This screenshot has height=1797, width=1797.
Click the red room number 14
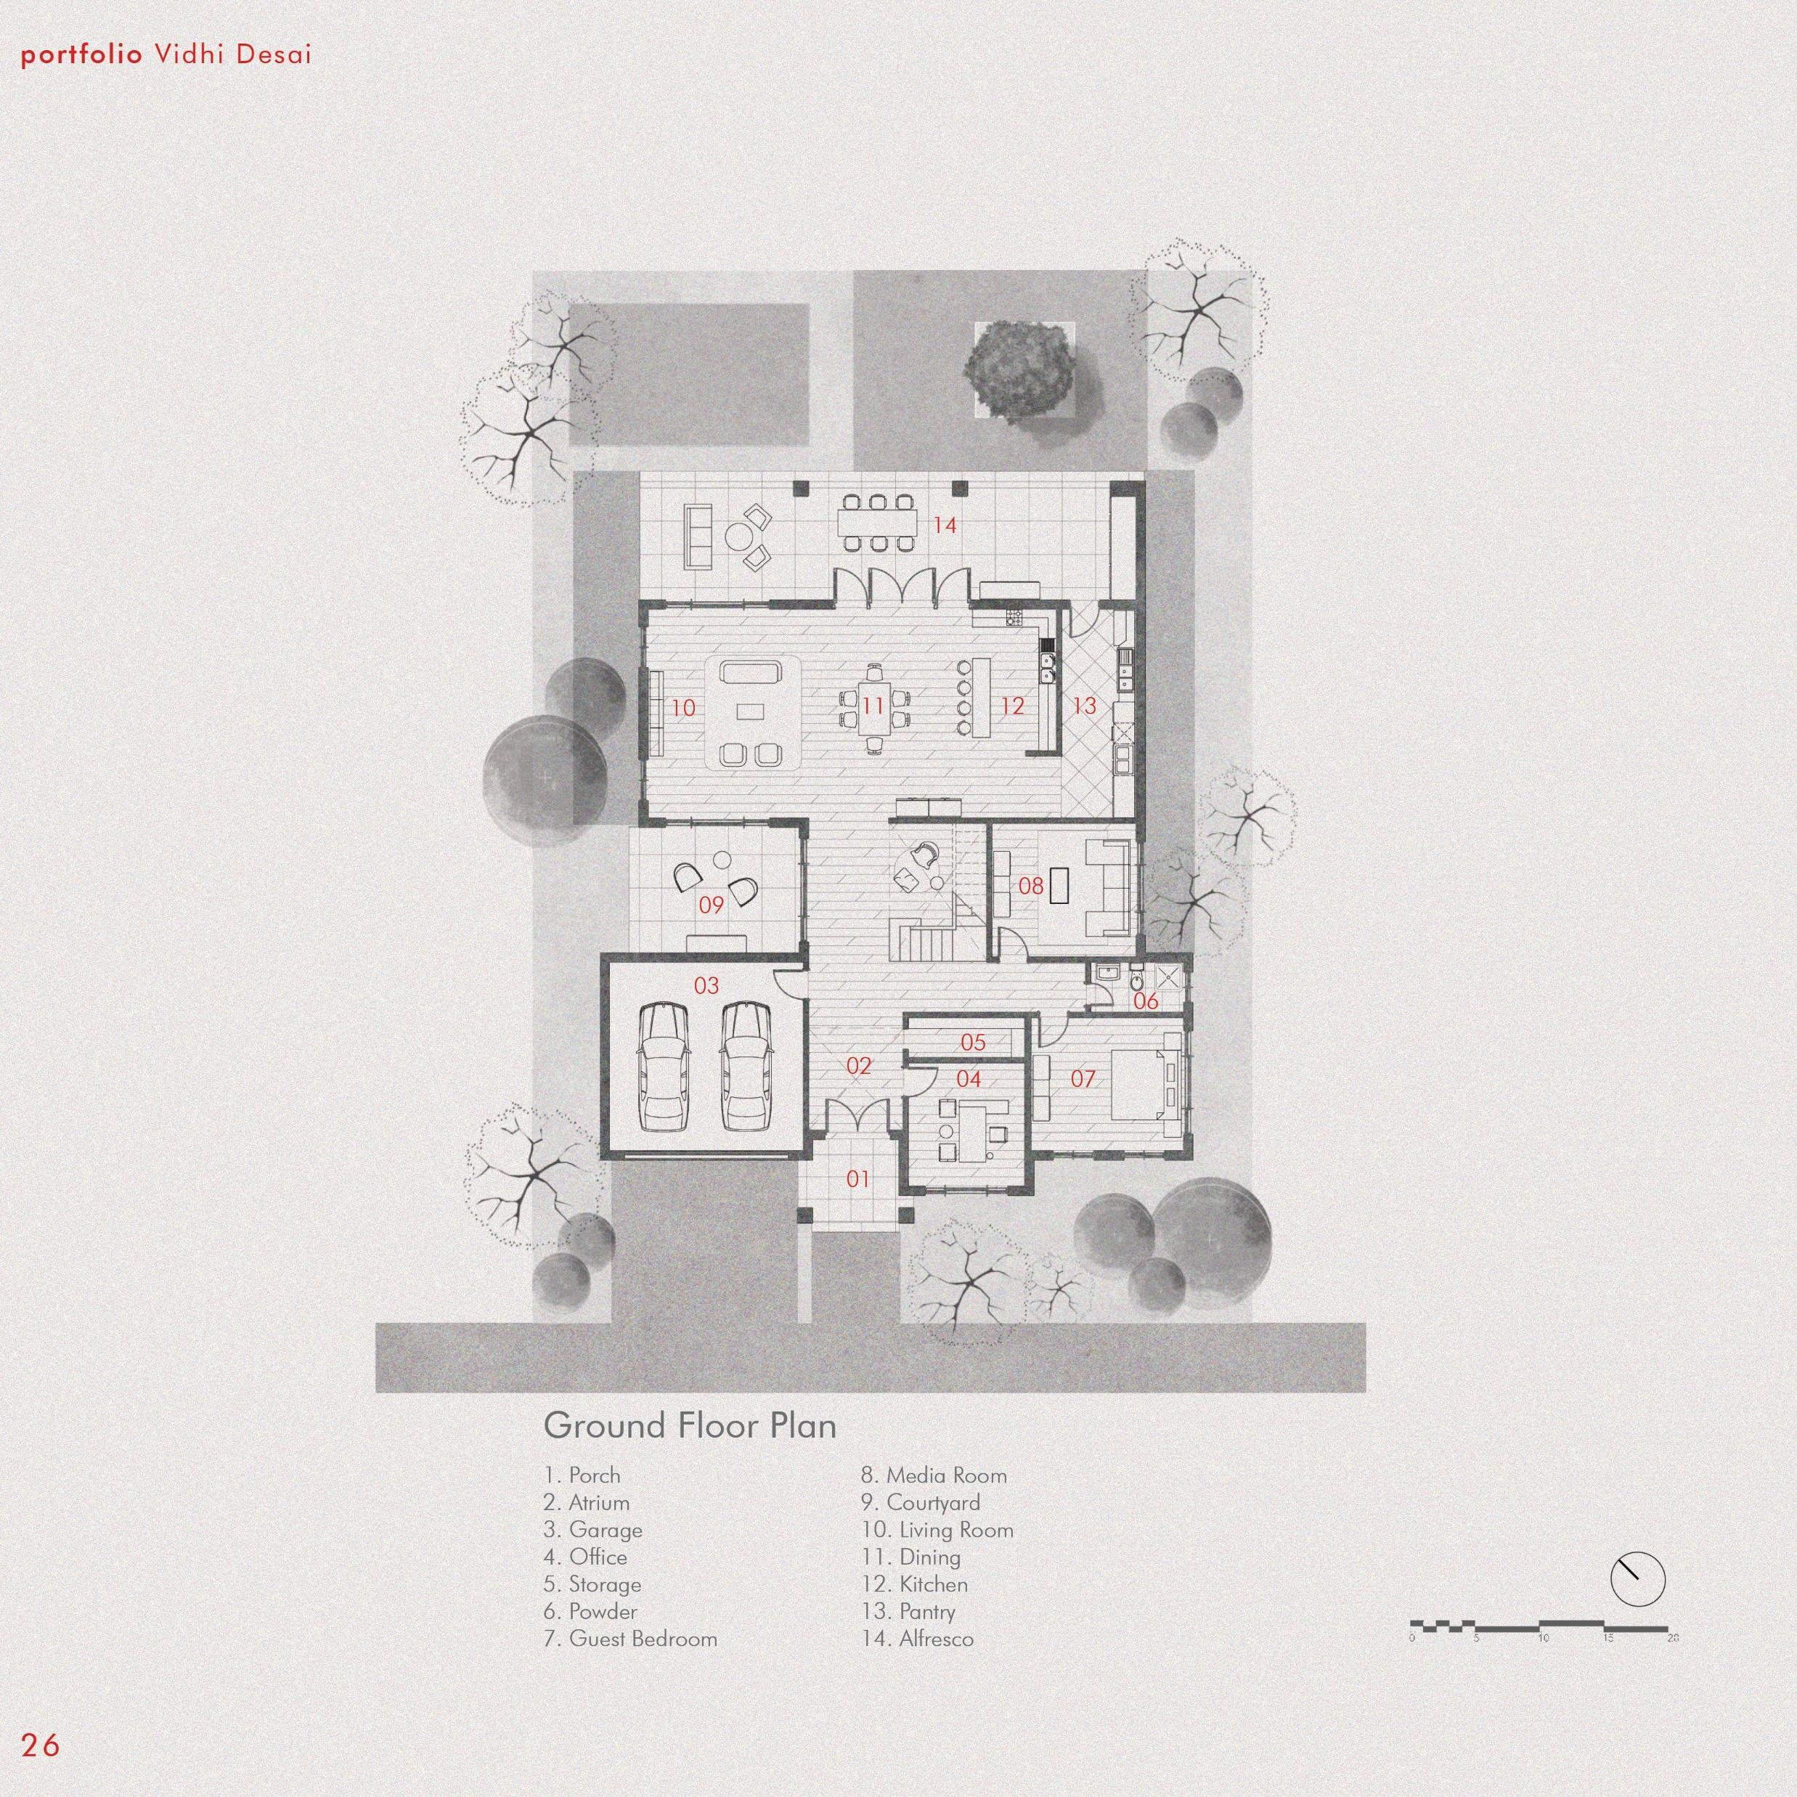coord(944,526)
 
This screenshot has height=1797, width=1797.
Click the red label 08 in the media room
coord(1030,886)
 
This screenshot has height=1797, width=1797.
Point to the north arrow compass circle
coord(1637,1579)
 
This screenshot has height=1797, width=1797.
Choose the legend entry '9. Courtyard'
coord(920,1502)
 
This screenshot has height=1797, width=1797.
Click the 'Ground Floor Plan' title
coord(689,1426)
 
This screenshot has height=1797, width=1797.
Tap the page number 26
coord(40,1745)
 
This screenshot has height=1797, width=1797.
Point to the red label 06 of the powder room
coord(1146,1001)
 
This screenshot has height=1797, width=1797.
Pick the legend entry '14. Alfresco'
coord(917,1639)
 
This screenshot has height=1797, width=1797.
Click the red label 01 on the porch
coord(857,1179)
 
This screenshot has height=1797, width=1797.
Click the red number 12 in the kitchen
coord(1012,706)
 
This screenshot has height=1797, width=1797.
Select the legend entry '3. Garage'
coord(592,1530)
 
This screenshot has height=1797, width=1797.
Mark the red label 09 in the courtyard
coord(711,905)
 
